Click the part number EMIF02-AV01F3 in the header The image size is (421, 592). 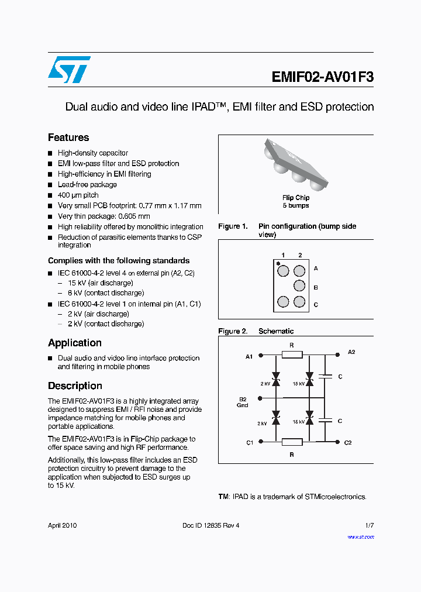(322, 77)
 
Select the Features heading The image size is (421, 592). (68, 137)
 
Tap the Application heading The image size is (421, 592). (75, 343)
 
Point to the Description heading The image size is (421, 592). (75, 386)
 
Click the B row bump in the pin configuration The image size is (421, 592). (299, 286)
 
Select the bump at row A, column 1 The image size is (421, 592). (283, 271)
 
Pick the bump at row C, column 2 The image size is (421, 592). (299, 302)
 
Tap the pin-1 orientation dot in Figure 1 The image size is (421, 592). (278, 263)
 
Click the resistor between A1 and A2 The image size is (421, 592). (292, 354)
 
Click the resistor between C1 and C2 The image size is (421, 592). (292, 442)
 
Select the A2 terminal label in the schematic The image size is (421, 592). (351, 352)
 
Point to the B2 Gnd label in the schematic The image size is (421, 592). (243, 402)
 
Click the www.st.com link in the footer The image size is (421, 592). (360, 536)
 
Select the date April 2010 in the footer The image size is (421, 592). (62, 525)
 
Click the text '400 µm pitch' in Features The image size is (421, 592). (78, 195)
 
